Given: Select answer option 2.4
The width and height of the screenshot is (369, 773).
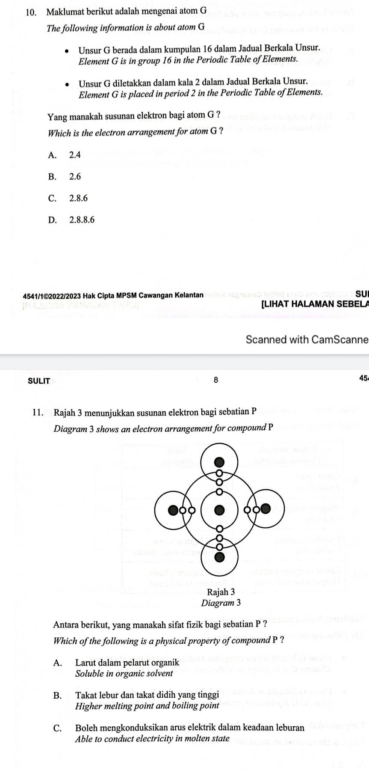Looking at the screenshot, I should pos(74,155).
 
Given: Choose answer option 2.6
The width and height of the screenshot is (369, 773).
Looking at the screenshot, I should pos(74,176).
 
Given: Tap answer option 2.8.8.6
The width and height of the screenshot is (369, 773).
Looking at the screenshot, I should pos(82,220).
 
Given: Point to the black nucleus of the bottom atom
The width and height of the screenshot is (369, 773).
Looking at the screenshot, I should pos(219,557).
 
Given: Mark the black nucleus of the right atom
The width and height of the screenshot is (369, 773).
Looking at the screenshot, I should pos(266,508).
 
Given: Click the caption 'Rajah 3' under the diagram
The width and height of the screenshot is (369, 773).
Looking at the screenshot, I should pos(221,592).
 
